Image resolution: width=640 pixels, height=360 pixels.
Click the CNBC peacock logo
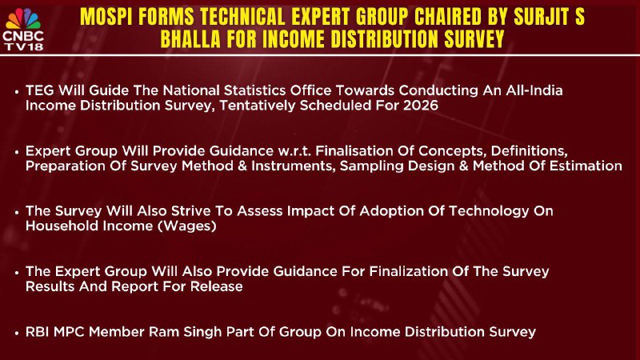click(x=23, y=18)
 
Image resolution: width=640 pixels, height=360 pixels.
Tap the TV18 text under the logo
click(x=24, y=46)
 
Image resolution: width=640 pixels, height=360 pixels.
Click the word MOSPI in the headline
click(x=105, y=17)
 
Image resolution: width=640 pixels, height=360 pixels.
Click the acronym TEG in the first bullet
click(x=39, y=90)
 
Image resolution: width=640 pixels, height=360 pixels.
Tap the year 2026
click(x=421, y=106)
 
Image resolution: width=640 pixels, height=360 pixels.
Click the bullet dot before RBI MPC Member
click(x=17, y=333)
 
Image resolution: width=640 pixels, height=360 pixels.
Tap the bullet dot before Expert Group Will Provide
click(x=17, y=152)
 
